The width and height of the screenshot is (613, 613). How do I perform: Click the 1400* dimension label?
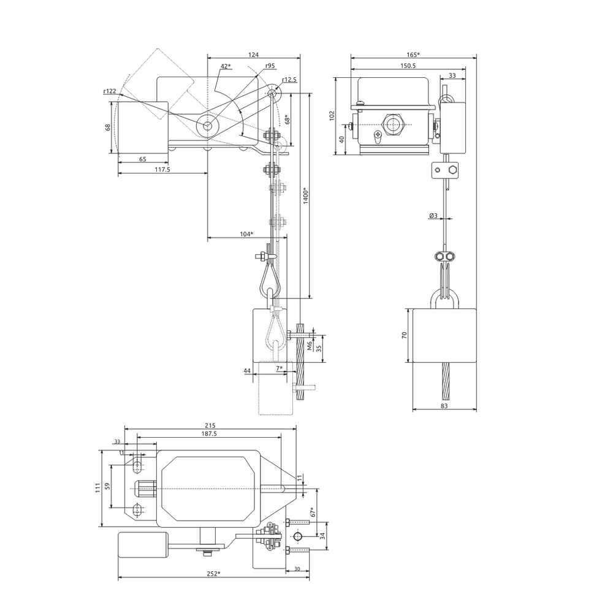306,196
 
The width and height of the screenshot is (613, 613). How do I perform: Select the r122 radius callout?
110,91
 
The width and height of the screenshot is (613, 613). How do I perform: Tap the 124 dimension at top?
253,55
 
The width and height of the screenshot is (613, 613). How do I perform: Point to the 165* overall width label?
413,55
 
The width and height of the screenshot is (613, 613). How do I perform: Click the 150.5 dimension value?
408,66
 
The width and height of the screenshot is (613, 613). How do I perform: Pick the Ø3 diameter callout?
433,215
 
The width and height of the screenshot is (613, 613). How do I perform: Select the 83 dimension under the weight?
444,406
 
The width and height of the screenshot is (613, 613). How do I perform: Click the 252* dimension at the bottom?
213,574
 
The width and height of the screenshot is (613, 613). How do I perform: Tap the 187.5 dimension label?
209,433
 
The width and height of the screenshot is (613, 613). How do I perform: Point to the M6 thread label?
309,346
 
